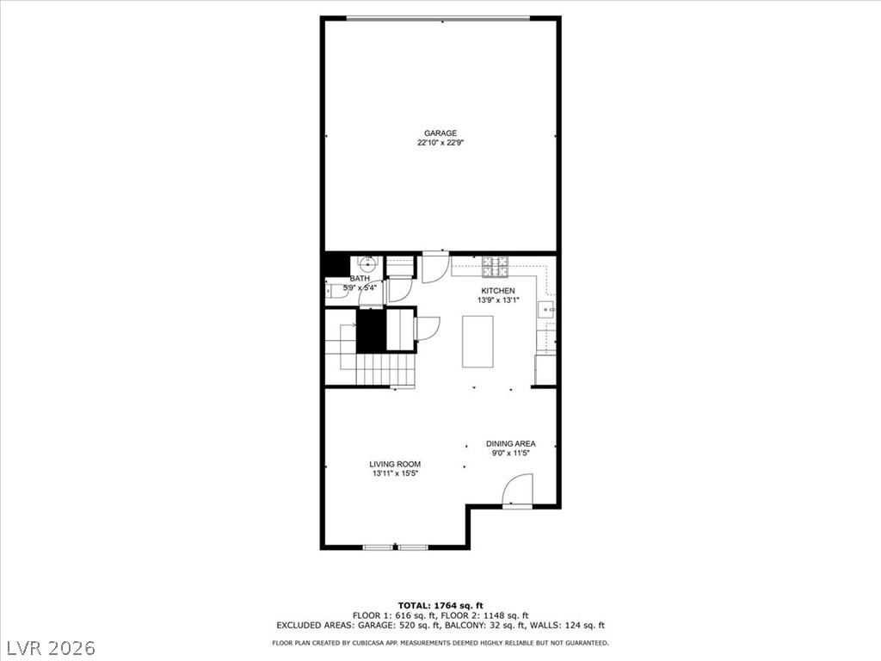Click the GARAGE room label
point(440,133)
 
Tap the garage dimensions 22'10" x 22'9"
point(440,143)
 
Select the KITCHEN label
point(498,291)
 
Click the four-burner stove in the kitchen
point(495,267)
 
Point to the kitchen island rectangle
point(477,342)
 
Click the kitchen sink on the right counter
point(545,310)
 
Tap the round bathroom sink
point(367,263)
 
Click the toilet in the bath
point(336,293)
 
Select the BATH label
point(360,279)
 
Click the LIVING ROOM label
point(395,464)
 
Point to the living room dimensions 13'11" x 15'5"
point(395,474)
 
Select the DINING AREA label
point(511,443)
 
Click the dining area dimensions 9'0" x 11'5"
point(511,453)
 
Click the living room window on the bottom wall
point(396,547)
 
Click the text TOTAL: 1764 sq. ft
point(440,605)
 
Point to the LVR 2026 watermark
point(48,648)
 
